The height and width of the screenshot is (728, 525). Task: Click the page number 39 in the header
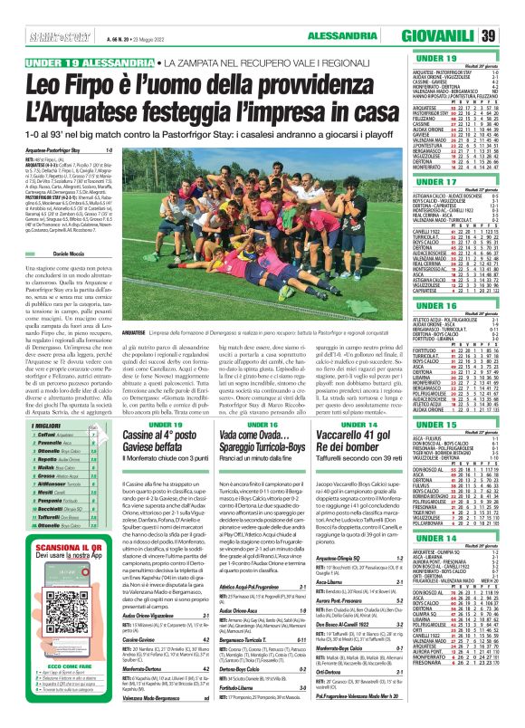click(x=511, y=36)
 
